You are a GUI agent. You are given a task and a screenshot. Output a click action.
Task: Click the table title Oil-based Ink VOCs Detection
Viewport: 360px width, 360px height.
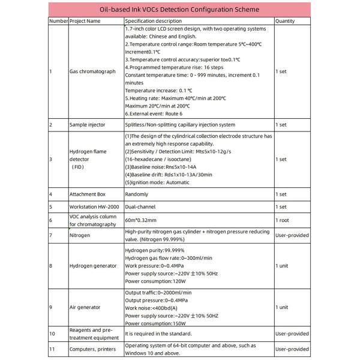coord(179,10)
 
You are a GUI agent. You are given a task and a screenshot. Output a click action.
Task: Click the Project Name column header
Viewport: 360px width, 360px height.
coord(85,20)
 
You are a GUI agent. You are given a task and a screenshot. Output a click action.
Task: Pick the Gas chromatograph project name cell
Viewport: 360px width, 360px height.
coord(92,71)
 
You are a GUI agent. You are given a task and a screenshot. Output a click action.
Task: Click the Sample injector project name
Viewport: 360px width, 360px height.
coord(88,125)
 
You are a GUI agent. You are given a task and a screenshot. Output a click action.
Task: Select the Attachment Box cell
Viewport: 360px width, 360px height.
coord(88,194)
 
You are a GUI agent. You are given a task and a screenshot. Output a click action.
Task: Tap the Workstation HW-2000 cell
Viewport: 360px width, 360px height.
coord(93,206)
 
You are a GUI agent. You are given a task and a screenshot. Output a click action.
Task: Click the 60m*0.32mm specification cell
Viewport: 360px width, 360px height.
coord(141,220)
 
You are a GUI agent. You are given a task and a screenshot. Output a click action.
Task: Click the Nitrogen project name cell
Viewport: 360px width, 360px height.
coord(80,236)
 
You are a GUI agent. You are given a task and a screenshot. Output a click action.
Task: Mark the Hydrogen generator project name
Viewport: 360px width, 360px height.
coord(93,265)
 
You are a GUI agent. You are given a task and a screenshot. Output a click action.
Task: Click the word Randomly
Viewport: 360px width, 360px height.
coord(136,194)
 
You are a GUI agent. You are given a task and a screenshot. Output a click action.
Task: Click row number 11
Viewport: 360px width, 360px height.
coord(52,349)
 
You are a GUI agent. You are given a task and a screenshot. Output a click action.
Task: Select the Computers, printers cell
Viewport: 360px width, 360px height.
coord(93,349)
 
